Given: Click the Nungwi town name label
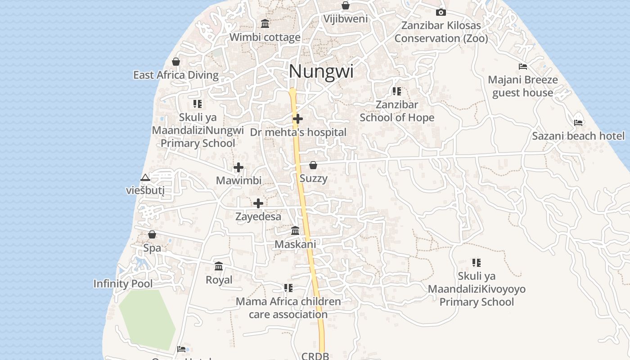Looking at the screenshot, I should pyautogui.click(x=321, y=71).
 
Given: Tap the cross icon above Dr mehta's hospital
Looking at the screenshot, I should pyautogui.click(x=298, y=119).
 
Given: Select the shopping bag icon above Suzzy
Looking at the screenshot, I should pyautogui.click(x=313, y=165).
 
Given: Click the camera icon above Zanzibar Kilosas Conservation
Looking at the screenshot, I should pyautogui.click(x=441, y=12).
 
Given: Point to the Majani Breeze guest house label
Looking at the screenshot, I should pyautogui.click(x=522, y=86).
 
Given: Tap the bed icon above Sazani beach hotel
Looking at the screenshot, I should pyautogui.click(x=578, y=122).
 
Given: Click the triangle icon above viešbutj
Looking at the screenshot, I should pyautogui.click(x=145, y=178).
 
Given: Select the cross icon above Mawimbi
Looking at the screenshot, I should pyautogui.click(x=238, y=168).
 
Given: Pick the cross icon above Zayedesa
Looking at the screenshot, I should pyautogui.click(x=258, y=203).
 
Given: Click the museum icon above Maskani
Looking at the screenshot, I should pyautogui.click(x=295, y=231).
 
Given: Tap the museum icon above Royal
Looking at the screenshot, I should pyautogui.click(x=219, y=266).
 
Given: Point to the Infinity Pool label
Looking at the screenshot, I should pyautogui.click(x=123, y=283).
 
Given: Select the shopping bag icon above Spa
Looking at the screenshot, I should pyautogui.click(x=152, y=234).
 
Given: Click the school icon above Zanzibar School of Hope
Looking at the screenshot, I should pyautogui.click(x=396, y=91).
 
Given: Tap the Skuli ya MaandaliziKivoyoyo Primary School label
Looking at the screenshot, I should pyautogui.click(x=477, y=289).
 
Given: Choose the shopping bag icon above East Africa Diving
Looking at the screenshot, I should pyautogui.click(x=176, y=62).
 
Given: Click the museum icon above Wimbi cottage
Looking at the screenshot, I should pyautogui.click(x=265, y=23).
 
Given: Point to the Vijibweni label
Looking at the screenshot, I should pyautogui.click(x=346, y=19).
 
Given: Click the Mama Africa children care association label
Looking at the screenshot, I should pyautogui.click(x=288, y=308).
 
